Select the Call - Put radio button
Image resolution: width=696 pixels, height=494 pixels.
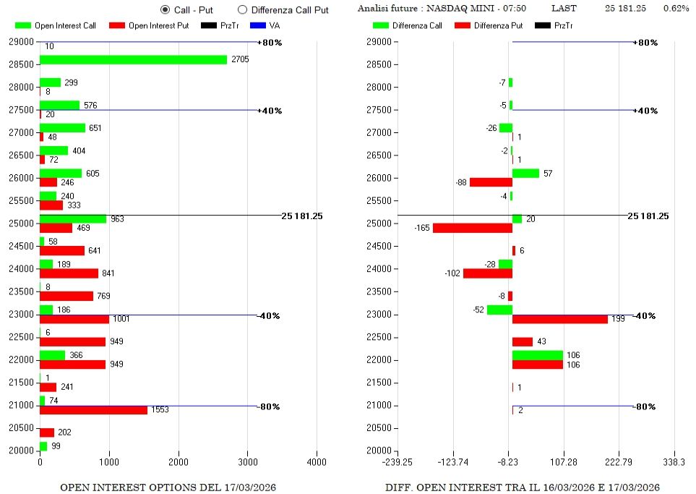pyautogui.click(x=165, y=9)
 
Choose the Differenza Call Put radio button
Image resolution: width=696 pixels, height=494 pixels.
pyautogui.click(x=242, y=9)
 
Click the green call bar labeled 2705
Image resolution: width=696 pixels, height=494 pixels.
pyautogui.click(x=133, y=59)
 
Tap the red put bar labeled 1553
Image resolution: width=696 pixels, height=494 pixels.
pyautogui.click(x=93, y=410)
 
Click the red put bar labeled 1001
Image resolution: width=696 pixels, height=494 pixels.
pyautogui.click(x=74, y=319)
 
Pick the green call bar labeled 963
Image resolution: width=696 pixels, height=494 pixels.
pyautogui.click(x=72, y=218)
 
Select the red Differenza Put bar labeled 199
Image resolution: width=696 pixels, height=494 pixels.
pyautogui.click(x=559, y=319)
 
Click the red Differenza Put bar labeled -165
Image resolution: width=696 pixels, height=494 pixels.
pyautogui.click(x=472, y=228)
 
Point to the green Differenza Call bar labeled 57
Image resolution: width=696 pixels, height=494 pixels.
pyautogui.click(x=525, y=174)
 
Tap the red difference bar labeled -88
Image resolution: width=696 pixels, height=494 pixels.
pyautogui.click(x=491, y=182)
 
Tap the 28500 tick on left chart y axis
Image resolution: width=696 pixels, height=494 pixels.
pyautogui.click(x=20, y=64)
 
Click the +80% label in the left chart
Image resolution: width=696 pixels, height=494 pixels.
pyautogui.click(x=270, y=43)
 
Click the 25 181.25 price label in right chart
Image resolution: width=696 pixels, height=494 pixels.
pyautogui.click(x=648, y=216)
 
